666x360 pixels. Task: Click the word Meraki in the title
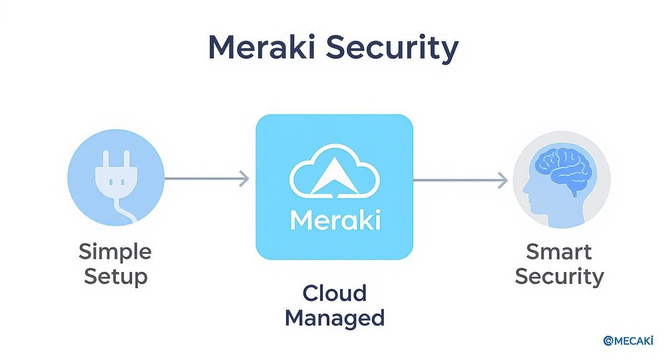tap(261, 47)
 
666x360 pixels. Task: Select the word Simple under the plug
tap(115, 251)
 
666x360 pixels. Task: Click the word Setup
tap(115, 277)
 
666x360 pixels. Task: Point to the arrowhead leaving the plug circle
tap(244, 179)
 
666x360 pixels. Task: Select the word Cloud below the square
tap(334, 293)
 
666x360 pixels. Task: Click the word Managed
tap(334, 318)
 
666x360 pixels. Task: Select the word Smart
tap(559, 251)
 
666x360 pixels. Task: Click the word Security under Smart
tap(559, 277)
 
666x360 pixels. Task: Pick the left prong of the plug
tap(106, 159)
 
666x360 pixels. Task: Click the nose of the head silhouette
tap(525, 195)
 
